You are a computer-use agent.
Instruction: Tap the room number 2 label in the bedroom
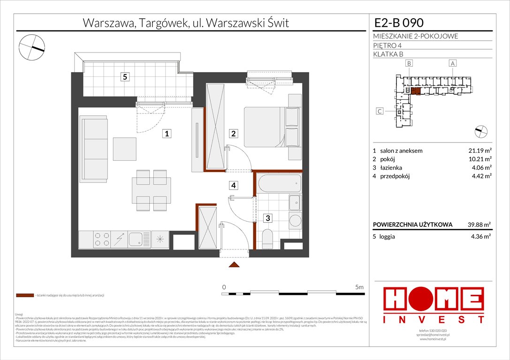[233, 134]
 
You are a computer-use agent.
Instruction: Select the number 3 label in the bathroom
[266, 217]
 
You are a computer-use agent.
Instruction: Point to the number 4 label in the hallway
[233, 185]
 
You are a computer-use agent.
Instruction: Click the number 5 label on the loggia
[124, 77]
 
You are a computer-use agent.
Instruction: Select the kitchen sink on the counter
[138, 240]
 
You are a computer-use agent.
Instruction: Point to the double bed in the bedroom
[265, 126]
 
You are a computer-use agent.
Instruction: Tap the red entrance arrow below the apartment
[234, 265]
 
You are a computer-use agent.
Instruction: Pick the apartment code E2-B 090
[398, 22]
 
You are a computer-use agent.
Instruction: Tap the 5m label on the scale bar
[359, 286]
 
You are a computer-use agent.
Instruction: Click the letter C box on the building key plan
[381, 111]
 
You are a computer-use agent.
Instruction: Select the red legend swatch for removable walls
[24, 295]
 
